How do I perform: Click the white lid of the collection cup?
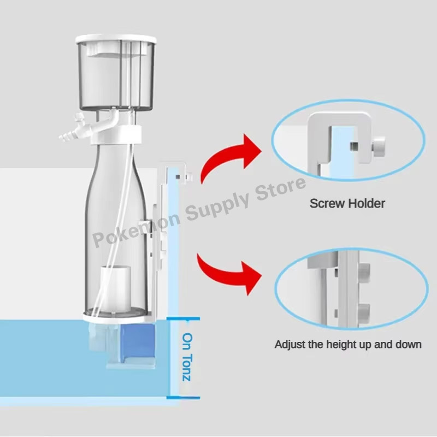tap(116, 40)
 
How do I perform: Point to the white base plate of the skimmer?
tap(116, 315)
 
